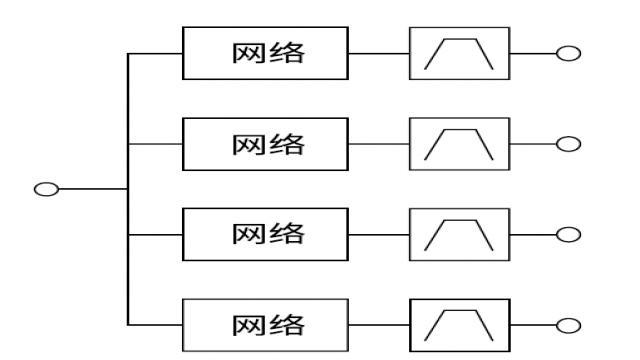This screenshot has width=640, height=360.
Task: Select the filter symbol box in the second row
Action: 459,143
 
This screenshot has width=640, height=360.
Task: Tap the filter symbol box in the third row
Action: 459,233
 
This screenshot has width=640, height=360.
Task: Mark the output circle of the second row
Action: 568,143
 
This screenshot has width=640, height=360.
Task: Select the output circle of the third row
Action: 568,233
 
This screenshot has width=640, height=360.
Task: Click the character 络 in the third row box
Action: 288,233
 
